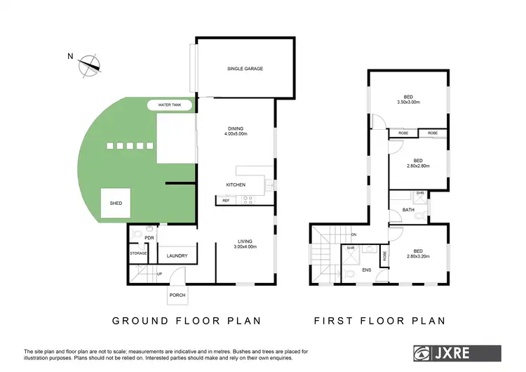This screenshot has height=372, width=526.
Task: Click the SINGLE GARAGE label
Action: [x=245, y=69]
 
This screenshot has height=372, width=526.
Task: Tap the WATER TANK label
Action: [x=170, y=105]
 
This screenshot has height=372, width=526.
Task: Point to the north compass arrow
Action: [x=88, y=64]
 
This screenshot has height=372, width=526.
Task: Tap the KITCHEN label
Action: [x=235, y=185]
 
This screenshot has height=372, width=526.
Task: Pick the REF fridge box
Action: [x=226, y=201]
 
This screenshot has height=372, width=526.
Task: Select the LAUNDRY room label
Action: [x=176, y=256]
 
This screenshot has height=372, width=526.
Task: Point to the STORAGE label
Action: [x=137, y=253]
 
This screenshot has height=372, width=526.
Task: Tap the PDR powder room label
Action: [x=149, y=238]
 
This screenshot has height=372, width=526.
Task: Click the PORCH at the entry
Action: [x=177, y=295]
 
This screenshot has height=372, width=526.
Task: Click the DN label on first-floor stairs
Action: [x=354, y=234]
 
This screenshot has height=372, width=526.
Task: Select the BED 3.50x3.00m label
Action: [x=408, y=100]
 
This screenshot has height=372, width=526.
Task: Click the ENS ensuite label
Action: [x=366, y=269]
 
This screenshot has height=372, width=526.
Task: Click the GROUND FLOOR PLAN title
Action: [x=187, y=321]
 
